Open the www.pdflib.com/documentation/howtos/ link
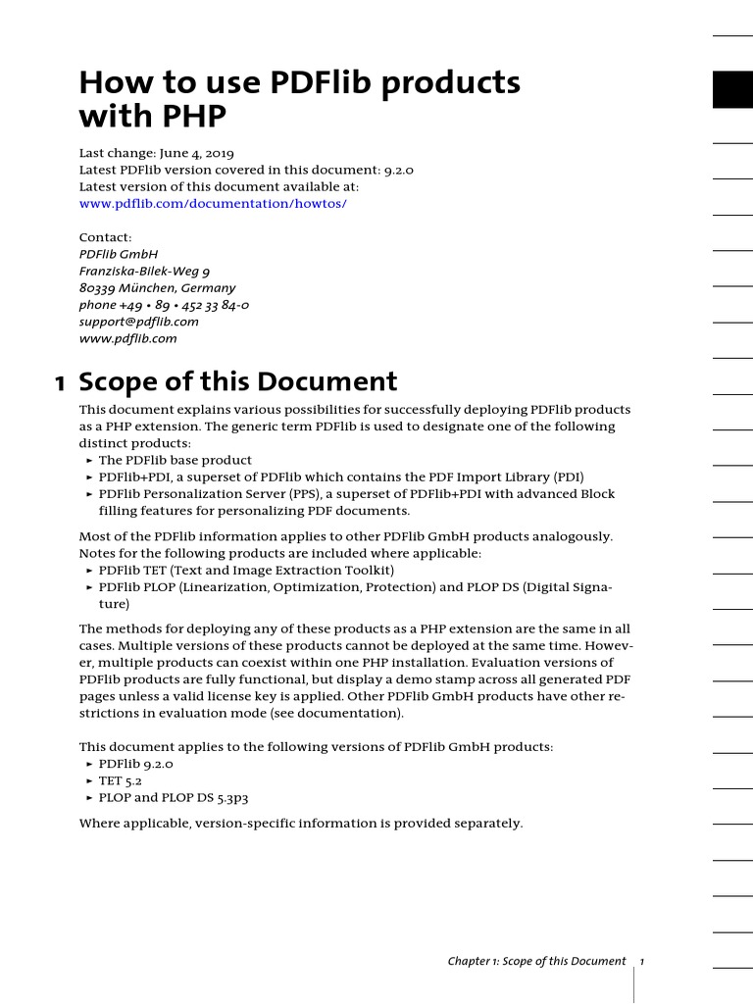point(213,203)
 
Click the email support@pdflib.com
point(138,322)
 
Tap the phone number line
point(164,305)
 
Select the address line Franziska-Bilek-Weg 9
point(144,271)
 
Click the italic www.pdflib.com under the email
point(127,338)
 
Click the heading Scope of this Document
point(237,382)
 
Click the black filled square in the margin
point(732,89)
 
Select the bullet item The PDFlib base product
point(175,460)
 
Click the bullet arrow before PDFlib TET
point(89,571)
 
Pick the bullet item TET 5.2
point(121,780)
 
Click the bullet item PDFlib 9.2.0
point(135,763)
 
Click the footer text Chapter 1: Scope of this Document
point(536,961)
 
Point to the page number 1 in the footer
point(641,961)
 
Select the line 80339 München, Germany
point(157,288)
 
